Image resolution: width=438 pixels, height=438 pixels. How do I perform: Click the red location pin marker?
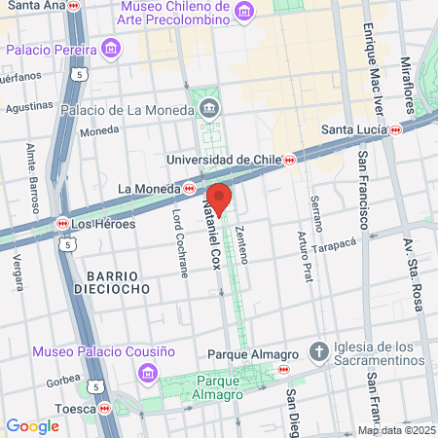pos(219,199)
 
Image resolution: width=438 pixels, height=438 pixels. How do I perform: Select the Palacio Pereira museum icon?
pos(112,48)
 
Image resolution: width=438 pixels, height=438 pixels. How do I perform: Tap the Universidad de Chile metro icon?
pos(289,160)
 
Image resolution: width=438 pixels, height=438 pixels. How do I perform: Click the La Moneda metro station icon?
pos(189,188)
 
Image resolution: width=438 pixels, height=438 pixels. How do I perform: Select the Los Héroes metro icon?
pos(62,223)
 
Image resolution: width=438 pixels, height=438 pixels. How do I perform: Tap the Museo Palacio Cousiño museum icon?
pos(146,372)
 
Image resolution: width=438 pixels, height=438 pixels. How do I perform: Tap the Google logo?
pos(32,425)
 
